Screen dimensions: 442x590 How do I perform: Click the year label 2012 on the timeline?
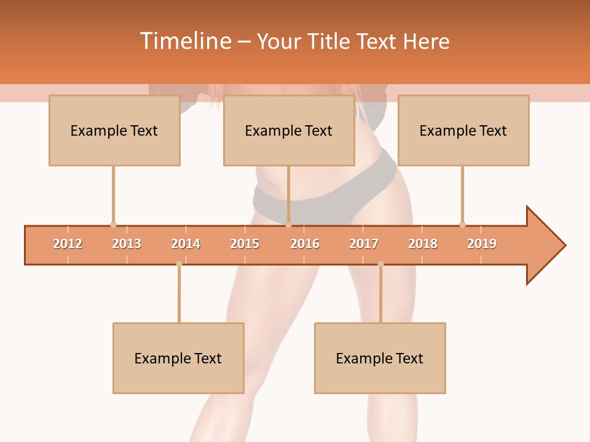pyautogui.click(x=68, y=244)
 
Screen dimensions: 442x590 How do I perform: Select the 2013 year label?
pyautogui.click(x=127, y=244)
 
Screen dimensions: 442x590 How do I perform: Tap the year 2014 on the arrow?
pyautogui.click(x=186, y=244)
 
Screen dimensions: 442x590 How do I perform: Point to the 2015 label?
pyautogui.click(x=245, y=244)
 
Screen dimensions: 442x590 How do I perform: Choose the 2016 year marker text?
pyautogui.click(x=305, y=244)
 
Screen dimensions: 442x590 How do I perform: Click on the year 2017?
pyautogui.click(x=364, y=244)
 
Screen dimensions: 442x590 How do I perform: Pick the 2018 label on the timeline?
pyautogui.click(x=423, y=244)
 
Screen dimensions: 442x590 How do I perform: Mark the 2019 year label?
pyautogui.click(x=482, y=244)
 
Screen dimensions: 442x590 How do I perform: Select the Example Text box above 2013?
pyautogui.click(x=114, y=130)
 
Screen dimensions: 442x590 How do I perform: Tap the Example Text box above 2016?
pyautogui.click(x=289, y=130)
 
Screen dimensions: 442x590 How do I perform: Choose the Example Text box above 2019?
pyautogui.click(x=463, y=130)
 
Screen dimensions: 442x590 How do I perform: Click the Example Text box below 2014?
pyautogui.click(x=178, y=358)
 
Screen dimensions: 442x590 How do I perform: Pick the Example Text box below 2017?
pyautogui.click(x=380, y=358)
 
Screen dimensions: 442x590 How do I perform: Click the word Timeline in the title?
pyautogui.click(x=184, y=41)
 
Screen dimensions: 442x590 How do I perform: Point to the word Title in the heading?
pyautogui.click(x=330, y=41)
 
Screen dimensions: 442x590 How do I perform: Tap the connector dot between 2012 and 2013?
pyautogui.click(x=113, y=225)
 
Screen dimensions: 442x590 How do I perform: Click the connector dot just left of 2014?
pyautogui.click(x=179, y=264)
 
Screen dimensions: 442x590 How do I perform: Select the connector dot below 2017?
pyautogui.click(x=380, y=264)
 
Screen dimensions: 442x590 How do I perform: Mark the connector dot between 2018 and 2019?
pyautogui.click(x=462, y=225)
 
